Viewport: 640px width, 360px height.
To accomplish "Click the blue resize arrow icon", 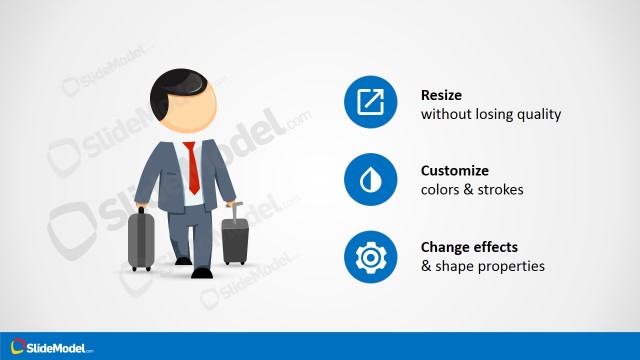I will tap(371, 101).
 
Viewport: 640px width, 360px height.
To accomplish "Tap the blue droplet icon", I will tap(371, 179).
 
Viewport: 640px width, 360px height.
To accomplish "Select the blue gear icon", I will tap(371, 257).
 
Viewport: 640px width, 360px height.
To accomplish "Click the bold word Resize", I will tap(441, 94).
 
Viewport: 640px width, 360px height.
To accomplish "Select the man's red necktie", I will tap(192, 167).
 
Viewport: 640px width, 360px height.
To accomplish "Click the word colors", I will tap(441, 190).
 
